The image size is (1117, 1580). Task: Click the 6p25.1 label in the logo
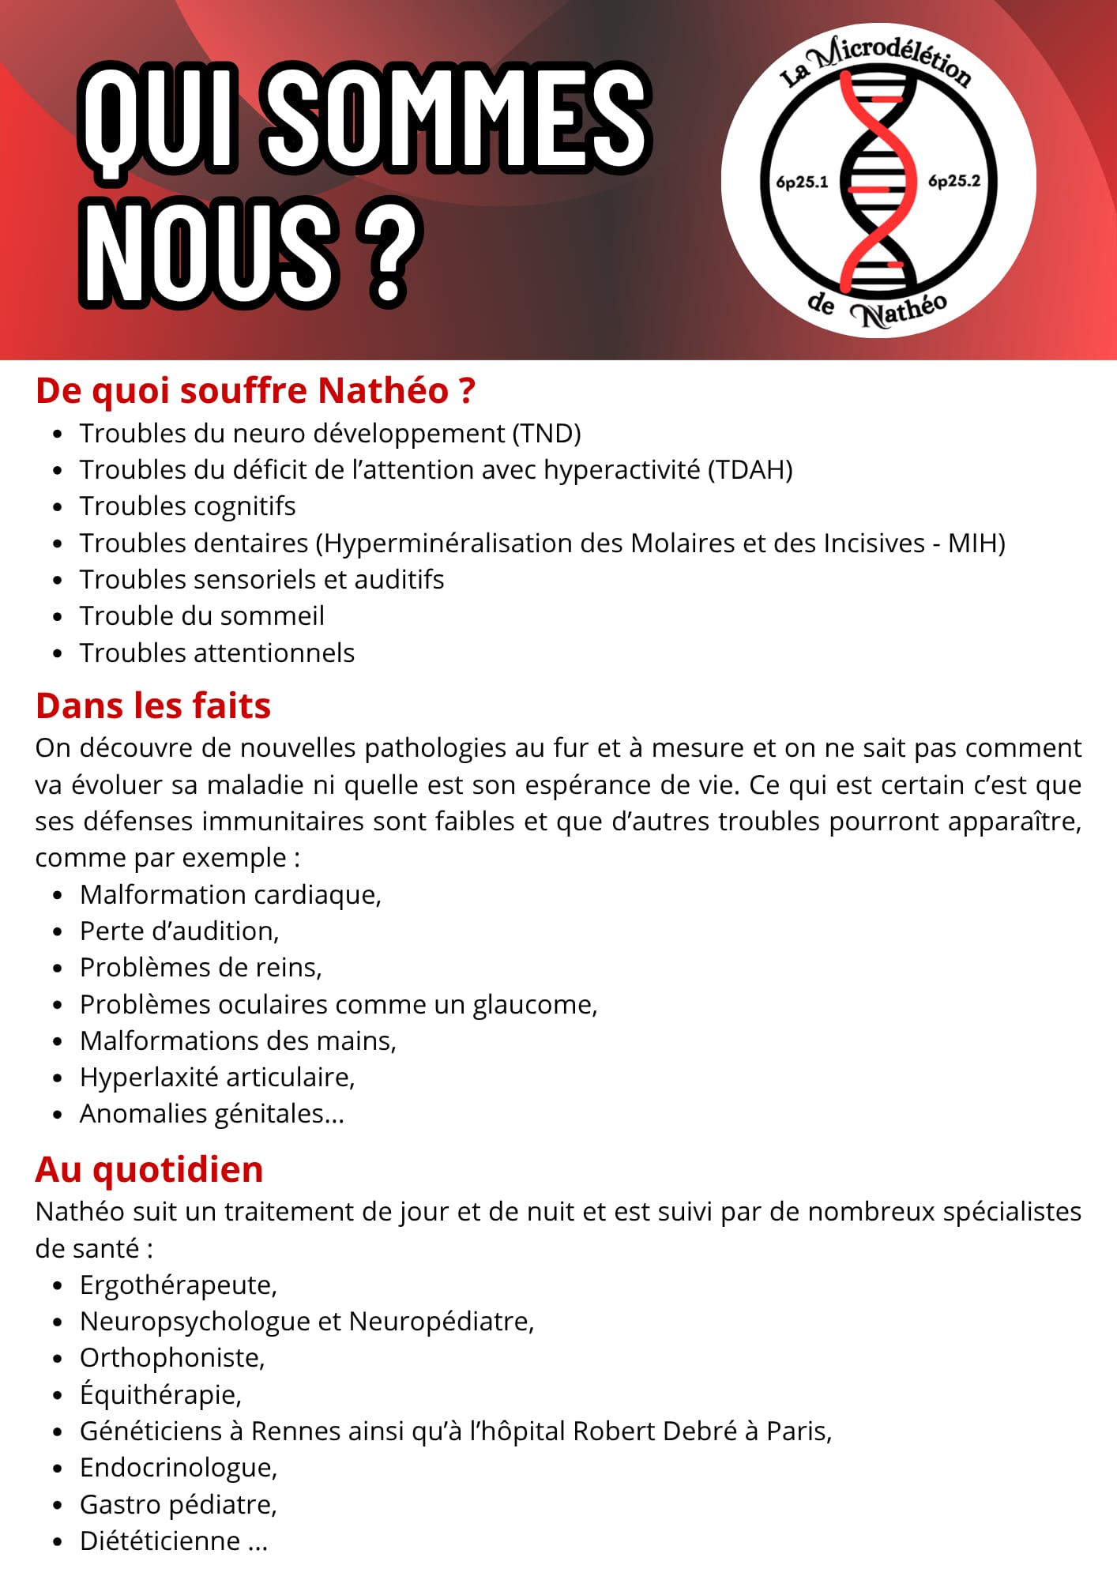tap(802, 182)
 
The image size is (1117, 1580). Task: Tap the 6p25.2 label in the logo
tap(954, 181)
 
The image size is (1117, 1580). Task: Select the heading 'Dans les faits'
tap(153, 705)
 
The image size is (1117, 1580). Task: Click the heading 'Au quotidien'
tap(149, 1169)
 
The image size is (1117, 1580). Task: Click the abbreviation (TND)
tap(547, 434)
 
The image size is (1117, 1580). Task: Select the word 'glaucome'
tap(534, 1005)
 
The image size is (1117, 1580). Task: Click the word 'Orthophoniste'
tap(171, 1358)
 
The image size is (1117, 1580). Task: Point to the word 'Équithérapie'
tap(160, 1394)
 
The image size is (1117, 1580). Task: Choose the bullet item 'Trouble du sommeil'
tap(202, 616)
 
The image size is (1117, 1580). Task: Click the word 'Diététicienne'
tap(160, 1541)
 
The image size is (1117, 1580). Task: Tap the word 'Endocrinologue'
tap(178, 1468)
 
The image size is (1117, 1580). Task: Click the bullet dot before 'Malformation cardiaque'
tap(57, 896)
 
